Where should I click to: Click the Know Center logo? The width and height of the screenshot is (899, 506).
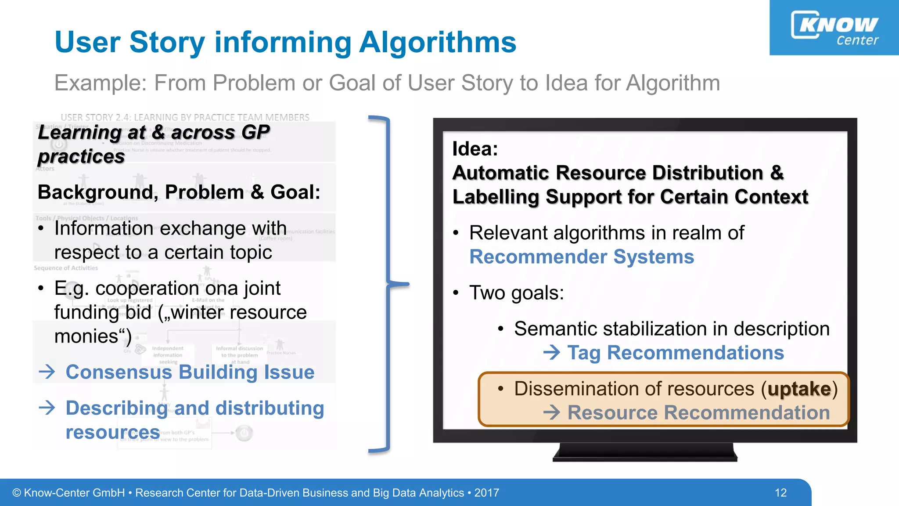pyautogui.click(x=834, y=28)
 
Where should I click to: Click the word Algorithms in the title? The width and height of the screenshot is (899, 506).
pyautogui.click(x=437, y=43)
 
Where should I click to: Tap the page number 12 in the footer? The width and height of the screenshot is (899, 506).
pyautogui.click(x=780, y=492)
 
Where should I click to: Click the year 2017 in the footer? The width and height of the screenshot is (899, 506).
pyautogui.click(x=486, y=492)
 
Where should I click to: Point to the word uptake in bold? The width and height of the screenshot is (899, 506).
pyautogui.click(x=799, y=389)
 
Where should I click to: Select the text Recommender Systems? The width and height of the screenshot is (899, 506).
pyautogui.click(x=581, y=257)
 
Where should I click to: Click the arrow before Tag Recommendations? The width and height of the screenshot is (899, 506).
pyautogui.click(x=551, y=352)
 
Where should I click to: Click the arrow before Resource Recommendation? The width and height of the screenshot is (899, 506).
pyautogui.click(x=551, y=412)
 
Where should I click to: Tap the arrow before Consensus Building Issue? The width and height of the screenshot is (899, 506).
pyautogui.click(x=47, y=372)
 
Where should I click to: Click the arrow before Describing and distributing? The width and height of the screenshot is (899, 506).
pyautogui.click(x=47, y=408)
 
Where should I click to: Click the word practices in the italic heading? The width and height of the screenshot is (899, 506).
pyautogui.click(x=81, y=157)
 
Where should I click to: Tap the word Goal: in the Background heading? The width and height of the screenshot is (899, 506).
pyautogui.click(x=295, y=192)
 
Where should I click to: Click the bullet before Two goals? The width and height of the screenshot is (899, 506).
pyautogui.click(x=456, y=293)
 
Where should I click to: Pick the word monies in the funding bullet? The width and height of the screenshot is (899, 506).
pyautogui.click(x=86, y=336)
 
